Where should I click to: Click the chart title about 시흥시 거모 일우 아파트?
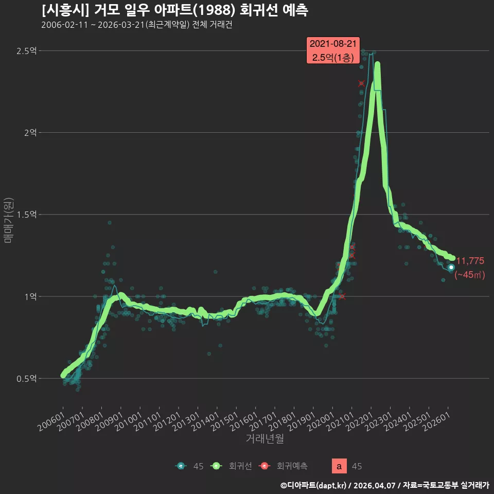pos(175,10)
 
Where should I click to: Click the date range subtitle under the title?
pos(137,25)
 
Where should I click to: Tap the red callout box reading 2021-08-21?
pos(333,50)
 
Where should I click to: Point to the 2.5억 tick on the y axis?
pos(27,51)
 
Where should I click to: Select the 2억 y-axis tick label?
pos(30,133)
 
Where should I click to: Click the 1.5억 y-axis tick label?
pos(27,215)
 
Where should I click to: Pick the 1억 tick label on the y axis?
pos(30,296)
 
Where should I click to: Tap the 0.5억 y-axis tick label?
pos(27,378)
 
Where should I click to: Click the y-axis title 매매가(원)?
pos(9,220)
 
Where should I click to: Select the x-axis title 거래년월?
pos(264,438)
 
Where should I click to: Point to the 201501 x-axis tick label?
pos(225,421)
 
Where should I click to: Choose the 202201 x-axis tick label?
pos(360,421)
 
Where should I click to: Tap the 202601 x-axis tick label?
pos(436,421)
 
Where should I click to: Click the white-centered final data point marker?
pos(451,267)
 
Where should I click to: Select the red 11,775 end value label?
pos(470,261)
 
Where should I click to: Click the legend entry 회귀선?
pos(232,466)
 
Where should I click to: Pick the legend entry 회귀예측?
pos(283,466)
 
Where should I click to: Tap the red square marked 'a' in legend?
pos(339,466)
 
